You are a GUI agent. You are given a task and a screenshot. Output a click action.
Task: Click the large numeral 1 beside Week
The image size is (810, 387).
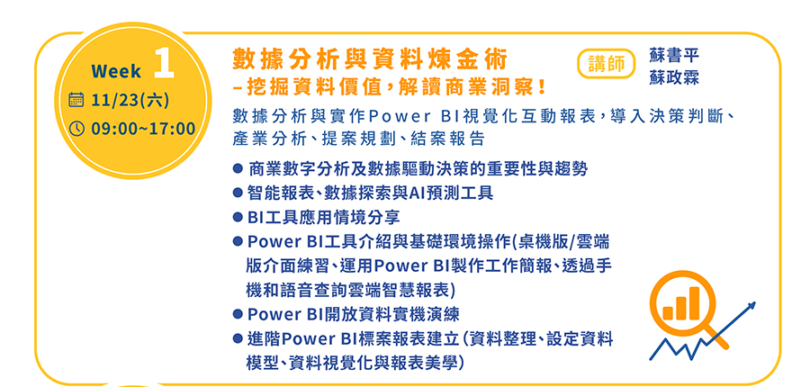point(165,65)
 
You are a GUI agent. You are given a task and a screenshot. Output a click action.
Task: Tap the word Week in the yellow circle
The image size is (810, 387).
point(116,71)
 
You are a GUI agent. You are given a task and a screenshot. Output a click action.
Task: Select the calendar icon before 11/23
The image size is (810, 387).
point(76,99)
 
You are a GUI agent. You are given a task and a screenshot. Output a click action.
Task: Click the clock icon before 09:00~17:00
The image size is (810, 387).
point(76,128)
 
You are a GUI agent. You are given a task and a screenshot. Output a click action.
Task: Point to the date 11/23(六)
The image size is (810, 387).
point(130,100)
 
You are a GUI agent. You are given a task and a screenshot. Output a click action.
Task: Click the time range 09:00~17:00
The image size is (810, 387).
point(143,128)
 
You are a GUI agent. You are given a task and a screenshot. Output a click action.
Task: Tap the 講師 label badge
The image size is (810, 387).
point(606,64)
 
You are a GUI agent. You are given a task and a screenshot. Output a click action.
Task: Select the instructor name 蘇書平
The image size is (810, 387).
point(674,56)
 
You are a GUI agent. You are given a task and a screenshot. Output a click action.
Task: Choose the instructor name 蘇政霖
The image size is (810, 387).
point(674,77)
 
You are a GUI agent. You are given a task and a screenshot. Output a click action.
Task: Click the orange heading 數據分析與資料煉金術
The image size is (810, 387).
point(369,60)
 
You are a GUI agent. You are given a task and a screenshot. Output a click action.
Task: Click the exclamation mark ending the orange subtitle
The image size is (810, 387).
point(542,86)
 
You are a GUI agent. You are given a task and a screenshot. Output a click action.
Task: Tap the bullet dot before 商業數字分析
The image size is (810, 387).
point(238,168)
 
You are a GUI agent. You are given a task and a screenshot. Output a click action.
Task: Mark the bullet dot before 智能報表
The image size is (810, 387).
point(238,193)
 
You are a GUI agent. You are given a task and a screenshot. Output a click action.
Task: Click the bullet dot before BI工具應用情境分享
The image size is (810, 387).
point(238,217)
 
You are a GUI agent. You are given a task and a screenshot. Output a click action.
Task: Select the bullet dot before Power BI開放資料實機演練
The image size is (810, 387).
point(238,314)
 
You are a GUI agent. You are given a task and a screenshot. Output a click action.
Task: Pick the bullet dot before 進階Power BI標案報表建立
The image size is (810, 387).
point(238,339)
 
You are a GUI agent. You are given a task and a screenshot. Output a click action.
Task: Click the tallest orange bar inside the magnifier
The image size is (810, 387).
point(695,302)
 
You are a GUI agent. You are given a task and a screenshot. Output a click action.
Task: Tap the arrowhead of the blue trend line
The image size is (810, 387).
point(751,306)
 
